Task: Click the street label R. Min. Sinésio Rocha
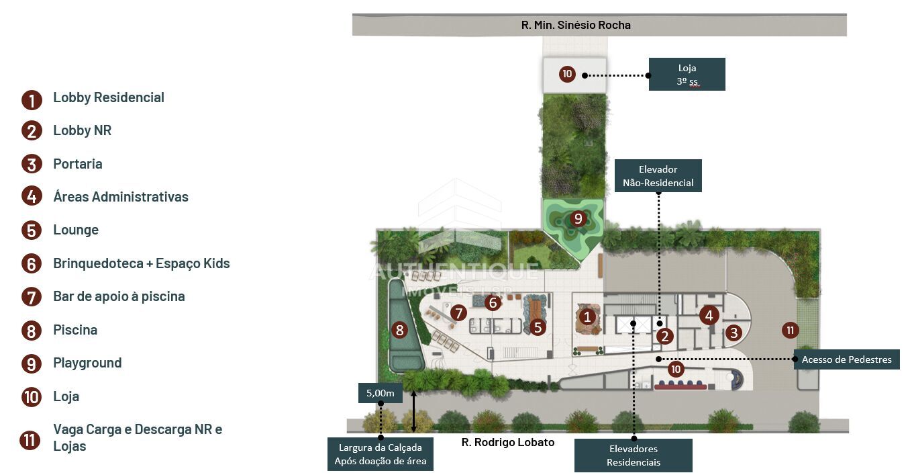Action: click(576, 25)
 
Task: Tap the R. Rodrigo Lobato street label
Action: click(507, 442)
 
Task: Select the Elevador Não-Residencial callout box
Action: click(658, 176)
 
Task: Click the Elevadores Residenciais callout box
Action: click(633, 455)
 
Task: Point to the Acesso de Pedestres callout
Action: click(846, 359)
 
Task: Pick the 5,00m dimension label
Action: click(381, 393)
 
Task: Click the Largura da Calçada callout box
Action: click(381, 454)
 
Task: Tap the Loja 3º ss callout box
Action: click(687, 75)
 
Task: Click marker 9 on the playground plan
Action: click(578, 218)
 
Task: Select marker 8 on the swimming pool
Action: click(400, 330)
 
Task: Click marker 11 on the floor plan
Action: click(790, 331)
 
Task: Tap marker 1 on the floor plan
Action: click(587, 316)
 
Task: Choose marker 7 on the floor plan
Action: click(458, 312)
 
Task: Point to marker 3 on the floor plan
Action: click(734, 333)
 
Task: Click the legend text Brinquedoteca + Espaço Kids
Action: click(142, 263)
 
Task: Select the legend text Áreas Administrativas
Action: click(121, 197)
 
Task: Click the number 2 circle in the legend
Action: click(32, 131)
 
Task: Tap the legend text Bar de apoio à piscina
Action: click(119, 297)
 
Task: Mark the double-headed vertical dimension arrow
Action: click(413, 411)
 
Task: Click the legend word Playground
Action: click(87, 363)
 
